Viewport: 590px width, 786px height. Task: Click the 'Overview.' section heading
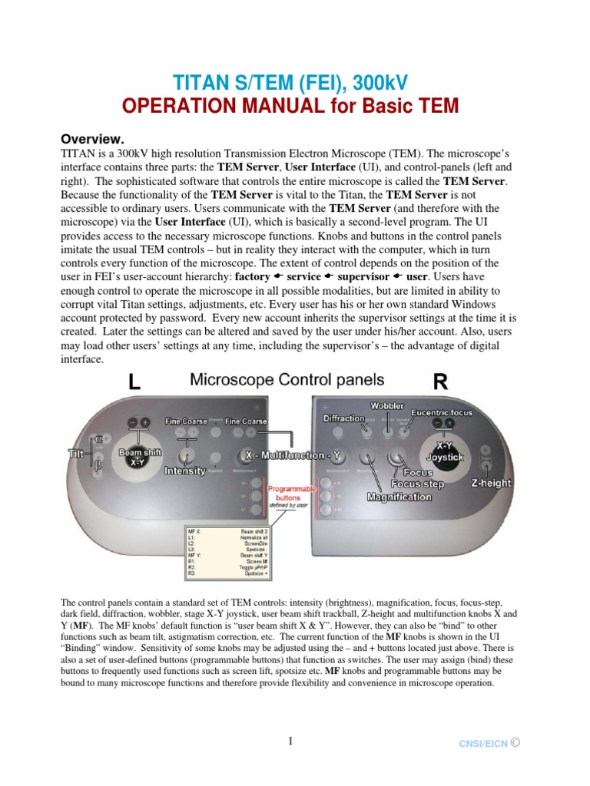pos(92,139)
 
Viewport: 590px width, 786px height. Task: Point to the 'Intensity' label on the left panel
pos(184,471)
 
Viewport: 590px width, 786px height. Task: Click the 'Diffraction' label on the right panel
pos(344,418)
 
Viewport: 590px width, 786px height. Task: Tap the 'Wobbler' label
pos(388,405)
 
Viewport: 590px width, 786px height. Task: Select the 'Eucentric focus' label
pos(442,412)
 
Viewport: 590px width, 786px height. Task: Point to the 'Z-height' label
pos(492,483)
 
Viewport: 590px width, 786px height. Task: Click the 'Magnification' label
pos(399,497)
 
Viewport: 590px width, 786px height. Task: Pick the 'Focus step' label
pos(419,484)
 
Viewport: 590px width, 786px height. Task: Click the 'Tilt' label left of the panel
pos(75,454)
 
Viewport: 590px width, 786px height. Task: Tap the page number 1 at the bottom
pos(291,741)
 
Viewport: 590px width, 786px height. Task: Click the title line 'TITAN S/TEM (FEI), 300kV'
pos(294,82)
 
